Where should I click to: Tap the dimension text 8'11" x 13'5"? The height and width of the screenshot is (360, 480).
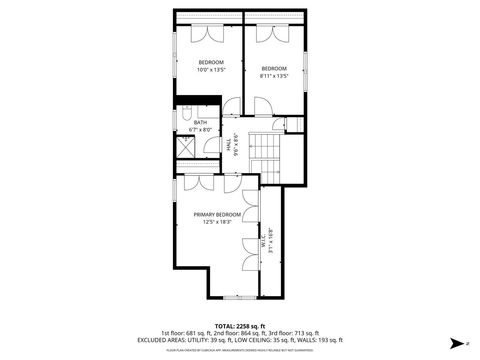274,75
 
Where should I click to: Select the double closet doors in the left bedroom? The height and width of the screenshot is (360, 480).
210,32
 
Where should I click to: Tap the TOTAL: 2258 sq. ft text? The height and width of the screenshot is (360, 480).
239,326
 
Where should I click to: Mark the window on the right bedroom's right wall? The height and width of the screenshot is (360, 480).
305,75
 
